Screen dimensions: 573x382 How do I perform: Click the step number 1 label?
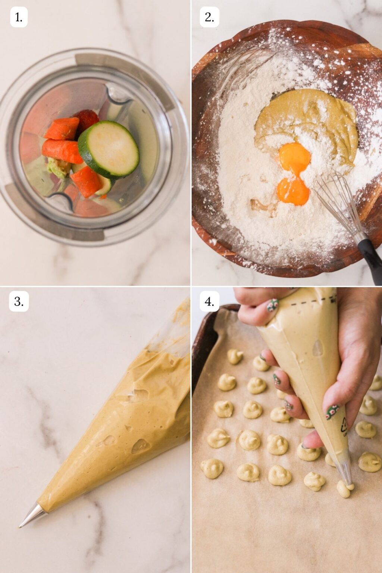pyautogui.click(x=19, y=17)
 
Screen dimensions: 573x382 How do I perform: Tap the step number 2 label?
pyautogui.click(x=209, y=17)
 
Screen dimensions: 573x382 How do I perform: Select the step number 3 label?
pyautogui.click(x=19, y=301)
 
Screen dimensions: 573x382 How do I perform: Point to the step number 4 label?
pyautogui.click(x=209, y=301)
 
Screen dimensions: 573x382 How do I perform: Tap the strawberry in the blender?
pyautogui.click(x=87, y=119)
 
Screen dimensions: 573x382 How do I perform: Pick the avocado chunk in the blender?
pyautogui.click(x=58, y=167)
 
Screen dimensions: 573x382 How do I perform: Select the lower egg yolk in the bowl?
pyautogui.click(x=293, y=191)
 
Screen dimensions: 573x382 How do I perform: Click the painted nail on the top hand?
pyautogui.click(x=272, y=305)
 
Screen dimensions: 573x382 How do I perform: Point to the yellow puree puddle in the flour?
pyautogui.click(x=310, y=119)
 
